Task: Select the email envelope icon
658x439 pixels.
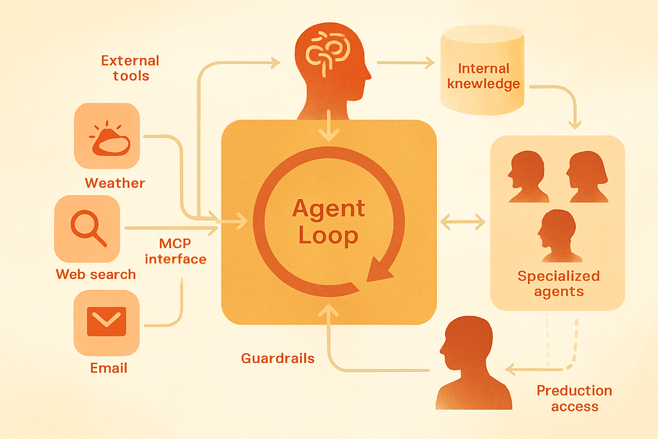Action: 107,322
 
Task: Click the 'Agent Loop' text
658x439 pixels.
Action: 329,222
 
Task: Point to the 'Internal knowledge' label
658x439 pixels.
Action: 484,76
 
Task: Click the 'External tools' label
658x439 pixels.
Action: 130,68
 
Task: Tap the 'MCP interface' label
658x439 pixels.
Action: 175,251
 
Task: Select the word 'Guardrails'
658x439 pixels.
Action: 278,358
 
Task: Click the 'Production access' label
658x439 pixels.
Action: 574,398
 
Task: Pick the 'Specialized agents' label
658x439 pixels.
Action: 559,284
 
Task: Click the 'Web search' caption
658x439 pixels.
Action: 96,274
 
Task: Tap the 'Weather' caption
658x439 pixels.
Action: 115,183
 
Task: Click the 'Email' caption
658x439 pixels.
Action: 109,368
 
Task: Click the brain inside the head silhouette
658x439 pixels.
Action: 328,53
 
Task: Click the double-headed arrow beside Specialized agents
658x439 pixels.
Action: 463,222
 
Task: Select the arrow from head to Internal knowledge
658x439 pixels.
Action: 406,63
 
